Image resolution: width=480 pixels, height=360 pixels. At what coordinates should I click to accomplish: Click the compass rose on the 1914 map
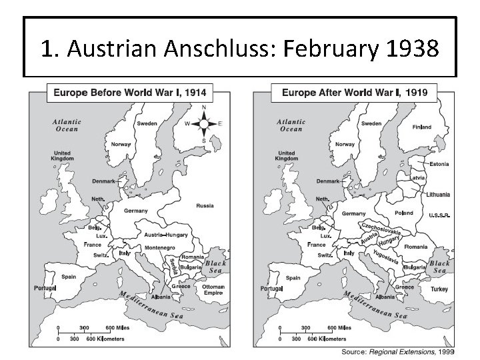pyautogui.click(x=203, y=124)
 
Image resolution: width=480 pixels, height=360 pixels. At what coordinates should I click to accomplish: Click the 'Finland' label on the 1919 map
pyautogui.click(x=421, y=127)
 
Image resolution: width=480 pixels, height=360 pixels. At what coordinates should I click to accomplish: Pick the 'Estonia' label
pyautogui.click(x=439, y=163)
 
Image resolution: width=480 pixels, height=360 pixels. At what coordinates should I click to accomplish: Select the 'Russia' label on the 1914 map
pyautogui.click(x=205, y=206)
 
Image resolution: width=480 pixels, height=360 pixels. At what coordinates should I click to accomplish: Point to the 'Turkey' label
pyautogui.click(x=439, y=289)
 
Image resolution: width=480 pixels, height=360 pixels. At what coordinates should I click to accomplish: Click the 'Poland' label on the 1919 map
pyautogui.click(x=404, y=213)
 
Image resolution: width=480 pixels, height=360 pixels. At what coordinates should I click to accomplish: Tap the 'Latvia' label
pyautogui.click(x=419, y=178)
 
